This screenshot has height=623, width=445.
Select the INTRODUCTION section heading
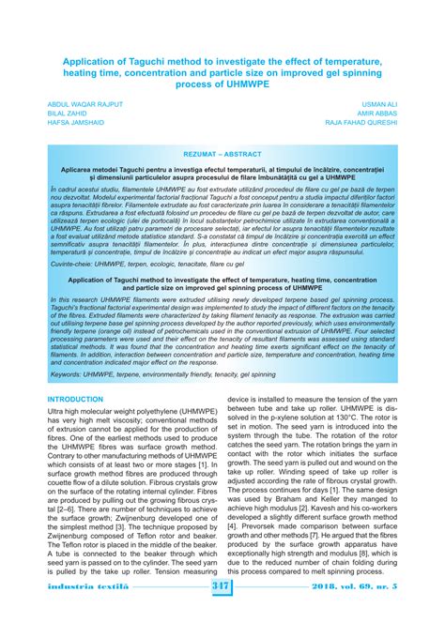point(75,399)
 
